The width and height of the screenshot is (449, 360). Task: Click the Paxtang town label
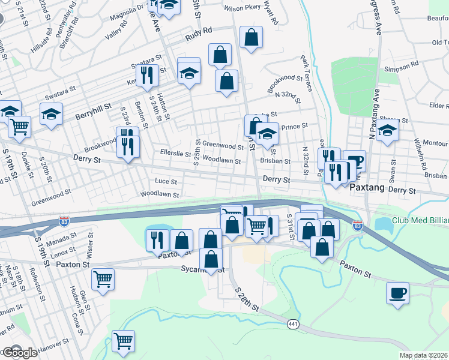366,188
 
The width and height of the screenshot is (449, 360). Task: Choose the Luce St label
166,181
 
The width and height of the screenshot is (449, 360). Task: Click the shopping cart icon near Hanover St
124,340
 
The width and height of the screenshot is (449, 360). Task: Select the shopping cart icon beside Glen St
103,278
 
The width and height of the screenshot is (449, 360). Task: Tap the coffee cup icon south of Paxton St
397,293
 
